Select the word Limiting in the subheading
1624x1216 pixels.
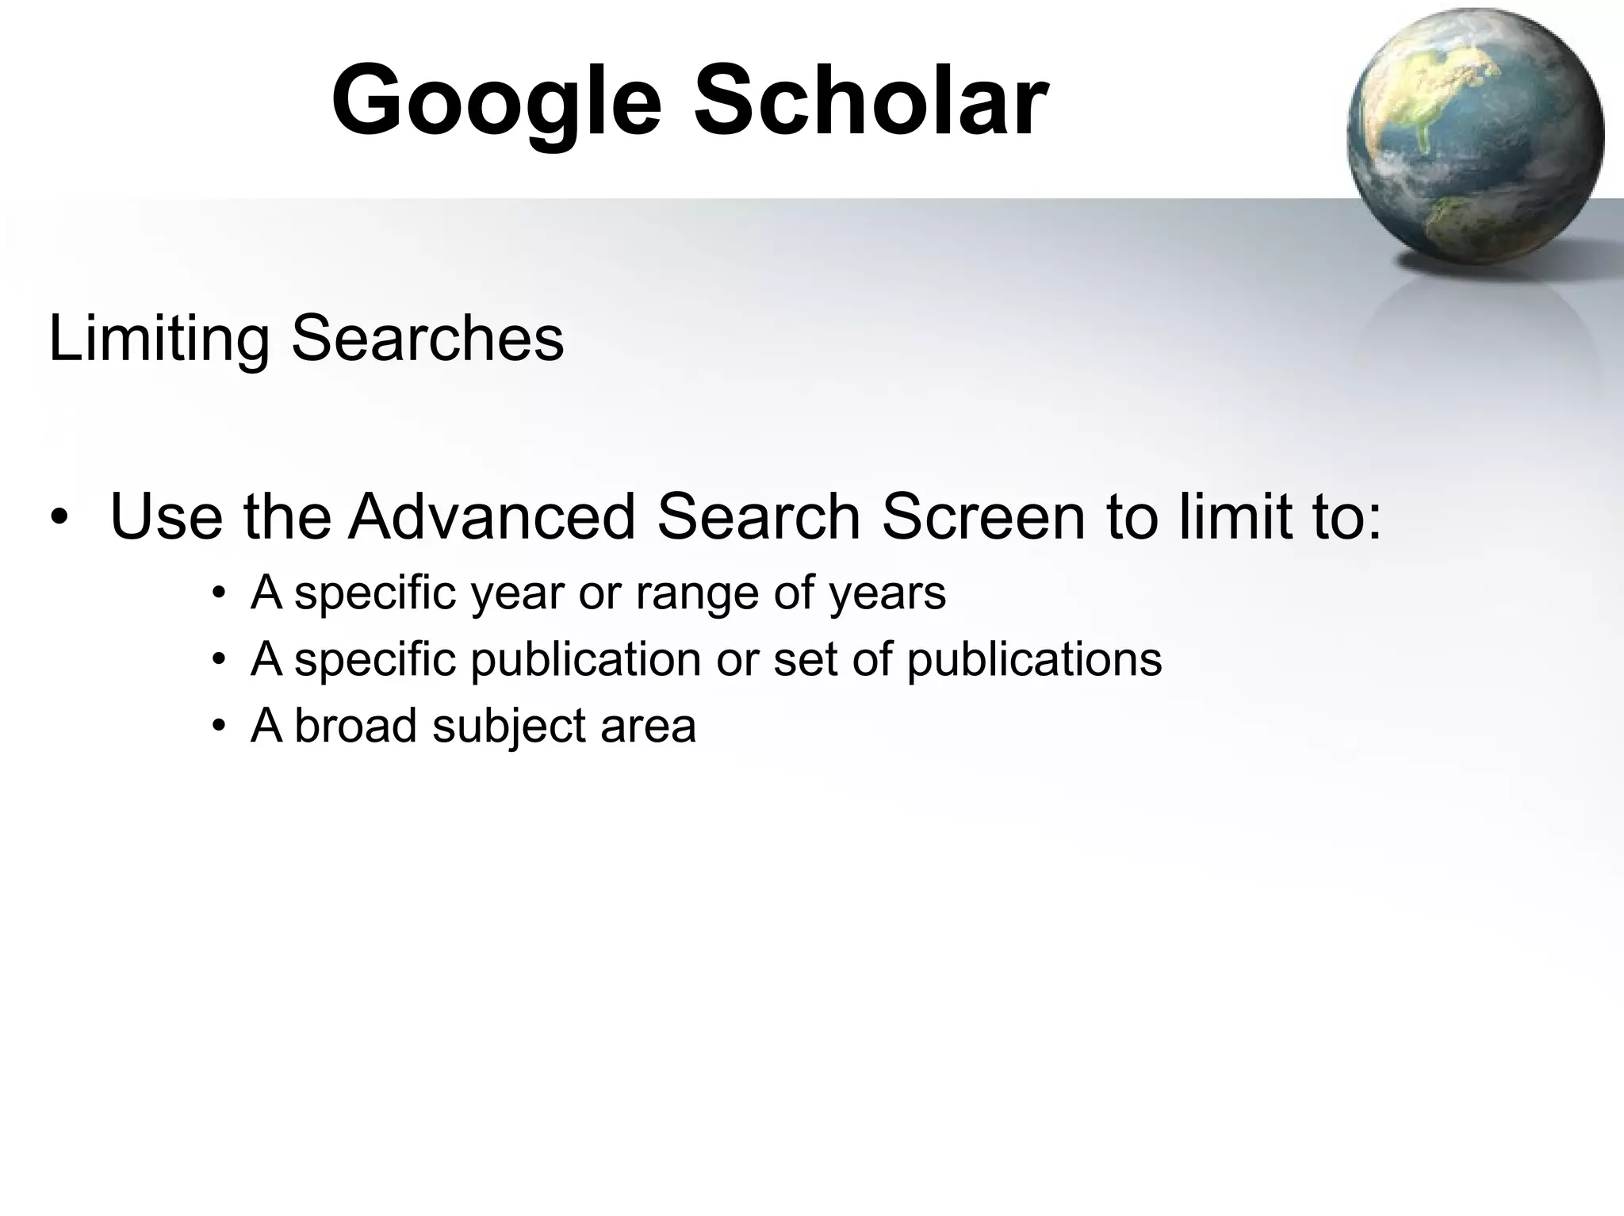click(159, 339)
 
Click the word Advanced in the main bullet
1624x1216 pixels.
click(492, 516)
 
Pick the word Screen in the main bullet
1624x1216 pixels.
click(982, 516)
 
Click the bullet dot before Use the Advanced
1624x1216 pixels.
click(59, 518)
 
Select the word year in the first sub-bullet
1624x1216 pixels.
click(516, 594)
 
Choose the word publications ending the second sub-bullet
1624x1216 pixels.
click(1034, 660)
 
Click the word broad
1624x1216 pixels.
click(355, 726)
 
